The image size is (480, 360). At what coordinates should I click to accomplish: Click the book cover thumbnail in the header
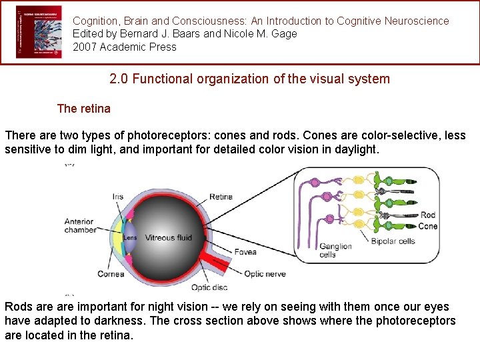39,33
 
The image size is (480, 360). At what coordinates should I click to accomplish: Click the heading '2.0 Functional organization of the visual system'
249,79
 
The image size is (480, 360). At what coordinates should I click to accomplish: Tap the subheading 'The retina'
84,108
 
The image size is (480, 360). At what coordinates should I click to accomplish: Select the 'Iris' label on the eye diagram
118,197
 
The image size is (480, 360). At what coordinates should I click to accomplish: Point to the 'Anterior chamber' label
79,226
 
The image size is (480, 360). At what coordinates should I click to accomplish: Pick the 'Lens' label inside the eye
130,237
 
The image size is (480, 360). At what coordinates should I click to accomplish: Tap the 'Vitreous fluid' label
169,237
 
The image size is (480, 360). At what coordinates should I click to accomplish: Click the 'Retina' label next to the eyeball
221,197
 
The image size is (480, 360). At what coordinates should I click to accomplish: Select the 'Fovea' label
245,252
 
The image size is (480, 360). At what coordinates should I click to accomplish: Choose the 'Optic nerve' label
265,273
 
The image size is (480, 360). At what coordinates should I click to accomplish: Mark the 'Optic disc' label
209,287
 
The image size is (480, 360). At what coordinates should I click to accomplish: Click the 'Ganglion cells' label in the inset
335,250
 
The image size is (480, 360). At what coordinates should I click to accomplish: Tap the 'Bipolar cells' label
393,241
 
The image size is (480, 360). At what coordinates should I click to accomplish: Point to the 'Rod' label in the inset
428,215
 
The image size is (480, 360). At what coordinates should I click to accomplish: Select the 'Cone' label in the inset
427,226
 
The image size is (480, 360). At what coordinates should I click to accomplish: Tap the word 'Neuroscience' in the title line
417,21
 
